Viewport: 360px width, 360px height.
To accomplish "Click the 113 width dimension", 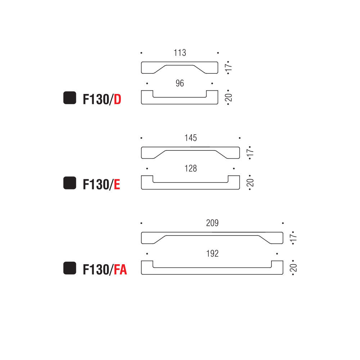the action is (180, 53).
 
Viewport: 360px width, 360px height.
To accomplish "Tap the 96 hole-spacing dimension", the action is (180, 84).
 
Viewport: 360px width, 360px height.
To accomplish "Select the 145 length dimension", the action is (190, 138).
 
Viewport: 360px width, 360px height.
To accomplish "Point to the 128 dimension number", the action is (190, 168).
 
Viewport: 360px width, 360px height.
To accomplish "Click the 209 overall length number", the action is (212, 223).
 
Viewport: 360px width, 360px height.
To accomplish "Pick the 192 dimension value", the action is (212, 254).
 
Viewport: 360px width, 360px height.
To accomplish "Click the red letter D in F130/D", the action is (117, 99).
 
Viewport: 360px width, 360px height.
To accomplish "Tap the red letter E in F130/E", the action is (117, 184).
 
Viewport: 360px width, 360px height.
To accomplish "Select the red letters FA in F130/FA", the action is (120, 270).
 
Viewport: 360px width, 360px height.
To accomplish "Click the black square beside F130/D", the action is (69, 98).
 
